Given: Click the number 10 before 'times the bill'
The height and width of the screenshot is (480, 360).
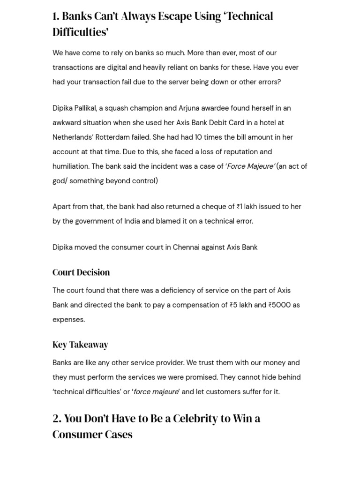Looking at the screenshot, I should coord(200,137).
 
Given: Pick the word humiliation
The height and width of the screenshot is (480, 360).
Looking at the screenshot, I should coord(71,166).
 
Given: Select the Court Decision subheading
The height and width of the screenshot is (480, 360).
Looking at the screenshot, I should coord(81,272).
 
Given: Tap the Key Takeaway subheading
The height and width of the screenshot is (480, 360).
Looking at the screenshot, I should coord(80,345).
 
